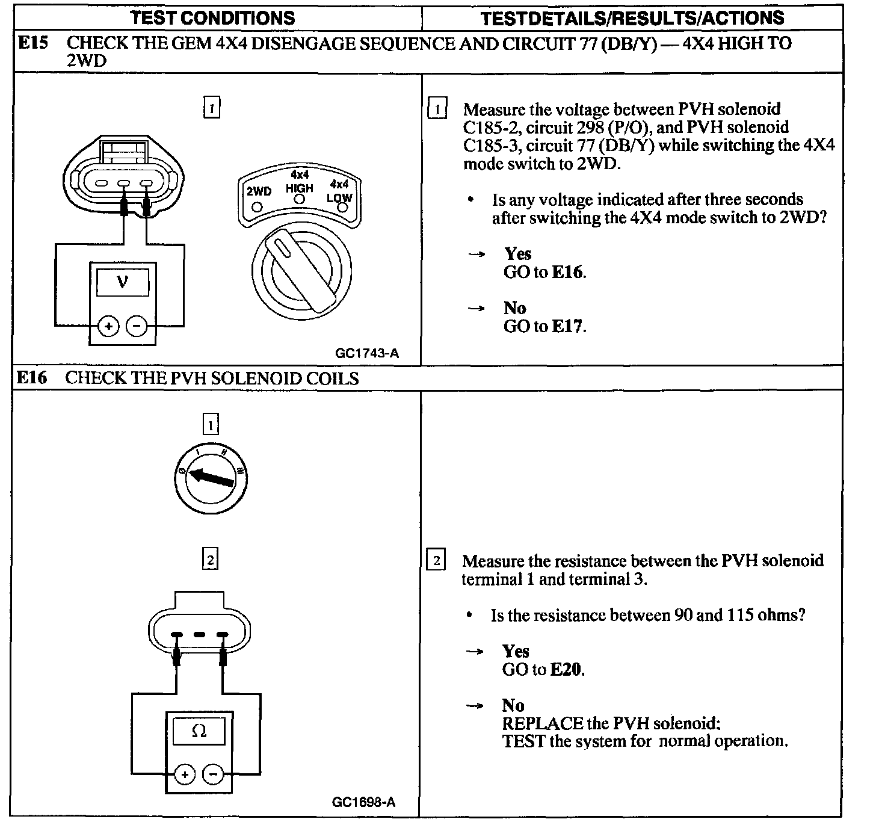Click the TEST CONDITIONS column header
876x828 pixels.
pos(213,17)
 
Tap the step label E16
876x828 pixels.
pos(31,378)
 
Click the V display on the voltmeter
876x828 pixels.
pos(123,280)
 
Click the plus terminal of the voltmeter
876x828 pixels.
pos(109,327)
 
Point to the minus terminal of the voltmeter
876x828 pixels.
pos(138,327)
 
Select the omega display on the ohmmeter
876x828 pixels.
pos(199,731)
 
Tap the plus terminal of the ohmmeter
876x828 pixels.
pos(185,774)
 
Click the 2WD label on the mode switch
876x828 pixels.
pos(259,191)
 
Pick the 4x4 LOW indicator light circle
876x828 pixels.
pos(343,208)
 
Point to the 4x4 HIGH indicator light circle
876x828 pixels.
pos(300,200)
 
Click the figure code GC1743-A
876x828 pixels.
pos(367,353)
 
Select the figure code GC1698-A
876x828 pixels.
pos(363,802)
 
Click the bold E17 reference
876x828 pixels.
pos(567,326)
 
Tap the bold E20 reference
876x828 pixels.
pos(567,669)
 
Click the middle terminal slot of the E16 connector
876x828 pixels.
pos(200,634)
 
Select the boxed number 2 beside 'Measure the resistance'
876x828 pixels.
pos(436,561)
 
